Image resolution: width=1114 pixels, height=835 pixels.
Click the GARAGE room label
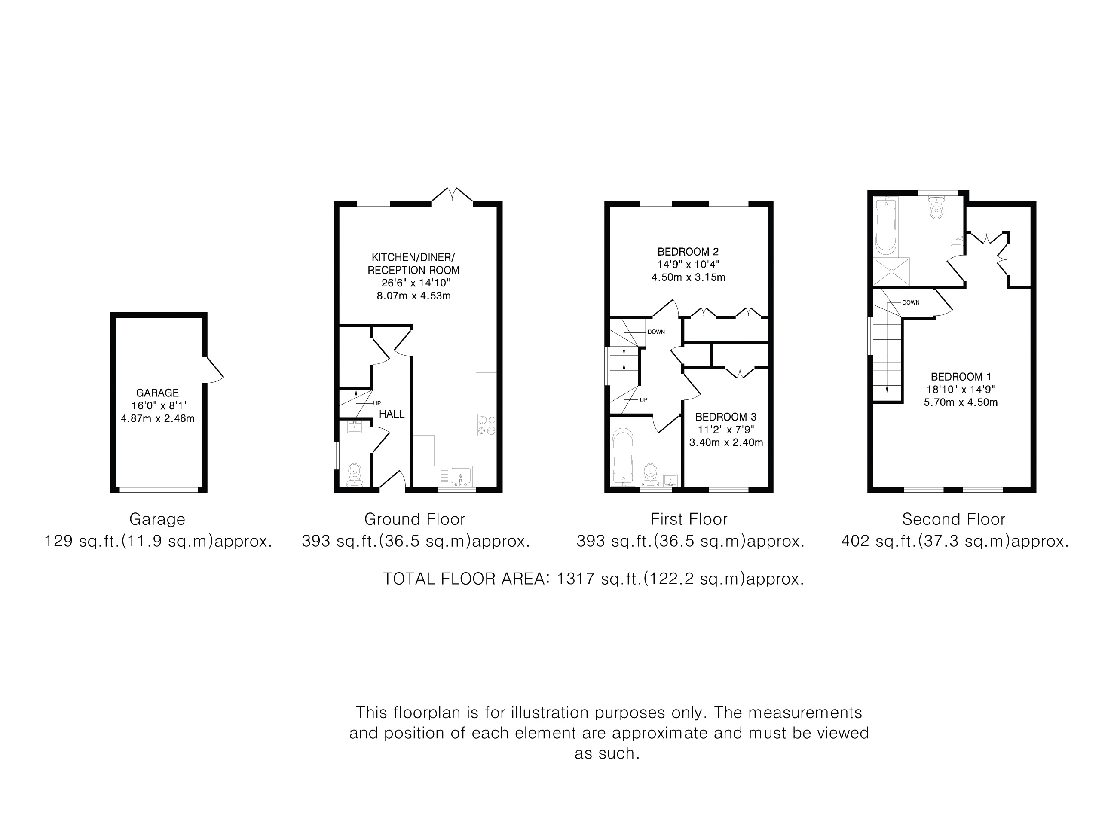coord(157,393)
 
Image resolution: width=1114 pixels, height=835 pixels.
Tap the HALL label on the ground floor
coord(392,414)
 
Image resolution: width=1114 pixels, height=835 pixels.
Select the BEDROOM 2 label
coord(688,252)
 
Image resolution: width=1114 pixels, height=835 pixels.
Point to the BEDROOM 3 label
coord(726,417)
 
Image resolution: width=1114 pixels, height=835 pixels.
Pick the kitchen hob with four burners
coord(486,424)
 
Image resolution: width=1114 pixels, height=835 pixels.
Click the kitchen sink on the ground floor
coord(460,476)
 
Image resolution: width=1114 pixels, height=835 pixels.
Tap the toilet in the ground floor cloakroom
coord(355,475)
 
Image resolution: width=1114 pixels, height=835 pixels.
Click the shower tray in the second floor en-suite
coord(891,272)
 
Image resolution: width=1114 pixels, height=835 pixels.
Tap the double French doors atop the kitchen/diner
coord(452,195)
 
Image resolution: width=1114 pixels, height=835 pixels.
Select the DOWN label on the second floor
coord(911,302)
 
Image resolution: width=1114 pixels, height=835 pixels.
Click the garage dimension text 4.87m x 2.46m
coord(158,418)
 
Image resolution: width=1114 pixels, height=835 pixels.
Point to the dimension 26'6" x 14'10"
coord(416,283)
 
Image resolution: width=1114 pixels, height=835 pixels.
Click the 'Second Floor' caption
coord(953,519)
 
